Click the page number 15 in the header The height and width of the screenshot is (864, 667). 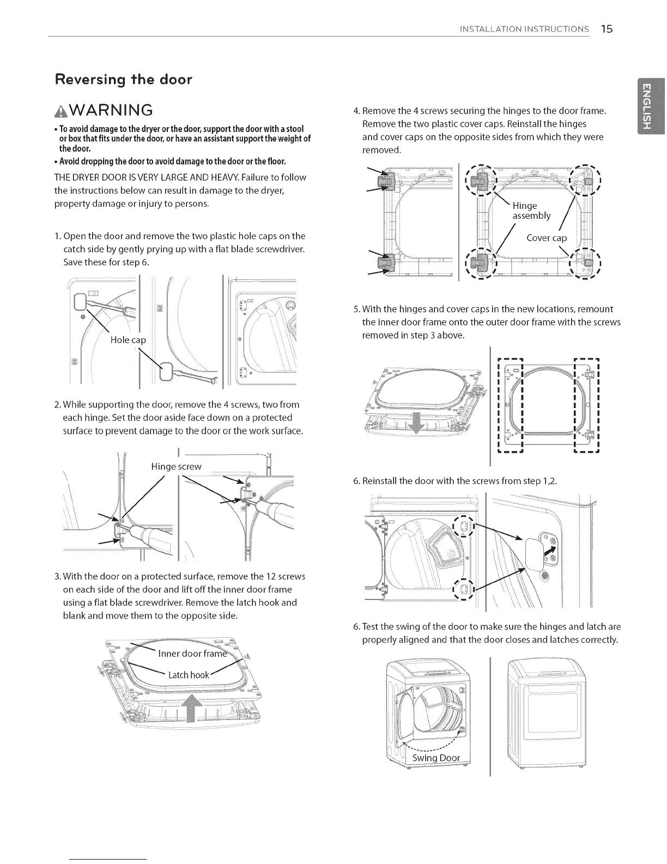[607, 29]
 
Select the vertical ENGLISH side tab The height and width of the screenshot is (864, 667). [647, 105]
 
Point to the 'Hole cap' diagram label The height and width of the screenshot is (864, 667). [128, 340]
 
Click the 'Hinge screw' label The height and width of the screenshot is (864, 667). [176, 466]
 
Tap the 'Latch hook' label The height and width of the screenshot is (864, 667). [188, 675]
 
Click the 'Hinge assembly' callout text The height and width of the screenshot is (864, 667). [531, 211]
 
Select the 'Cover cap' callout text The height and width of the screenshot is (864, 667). [547, 238]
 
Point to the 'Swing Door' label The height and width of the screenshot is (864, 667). [436, 758]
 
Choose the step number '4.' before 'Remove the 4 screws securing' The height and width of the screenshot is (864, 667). [356, 111]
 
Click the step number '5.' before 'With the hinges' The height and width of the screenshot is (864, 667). [356, 309]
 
